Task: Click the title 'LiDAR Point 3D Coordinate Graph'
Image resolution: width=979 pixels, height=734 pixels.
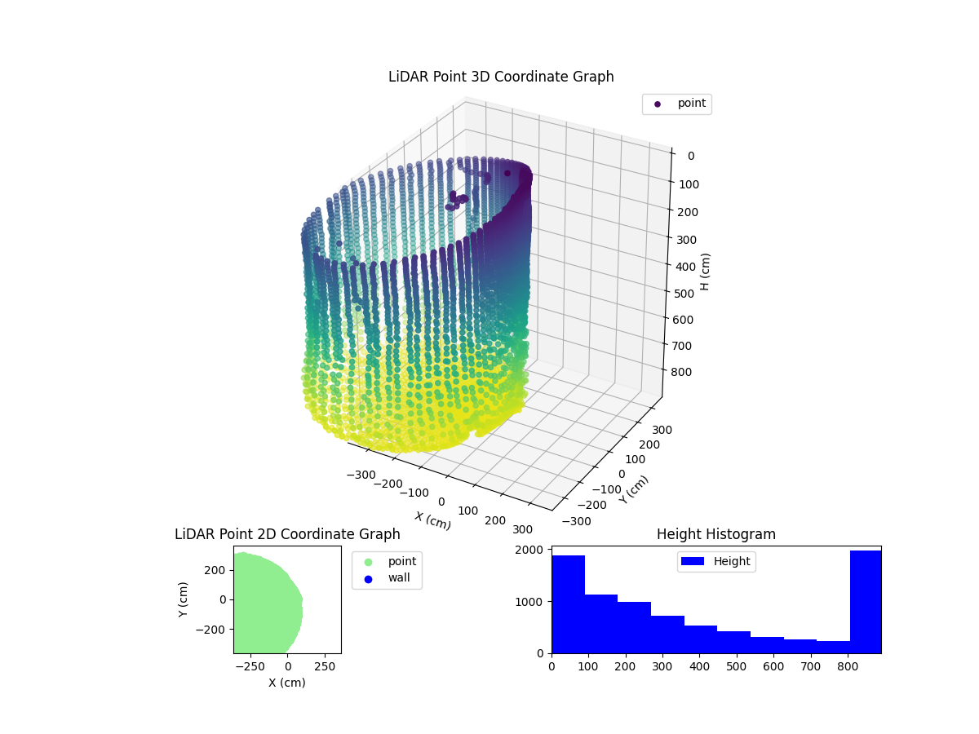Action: click(x=501, y=77)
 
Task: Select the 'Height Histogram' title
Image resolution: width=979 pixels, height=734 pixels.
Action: click(x=715, y=534)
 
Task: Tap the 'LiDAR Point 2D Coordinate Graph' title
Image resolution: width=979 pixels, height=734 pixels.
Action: click(x=287, y=534)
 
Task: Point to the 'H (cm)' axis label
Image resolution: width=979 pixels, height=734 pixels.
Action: click(x=706, y=272)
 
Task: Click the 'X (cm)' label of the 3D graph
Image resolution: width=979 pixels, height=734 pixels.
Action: click(x=432, y=520)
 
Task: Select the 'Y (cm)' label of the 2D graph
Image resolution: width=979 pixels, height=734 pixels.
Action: click(x=184, y=599)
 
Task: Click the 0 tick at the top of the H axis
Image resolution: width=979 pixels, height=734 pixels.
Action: click(x=690, y=157)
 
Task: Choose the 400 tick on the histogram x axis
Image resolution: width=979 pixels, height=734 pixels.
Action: click(x=700, y=666)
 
